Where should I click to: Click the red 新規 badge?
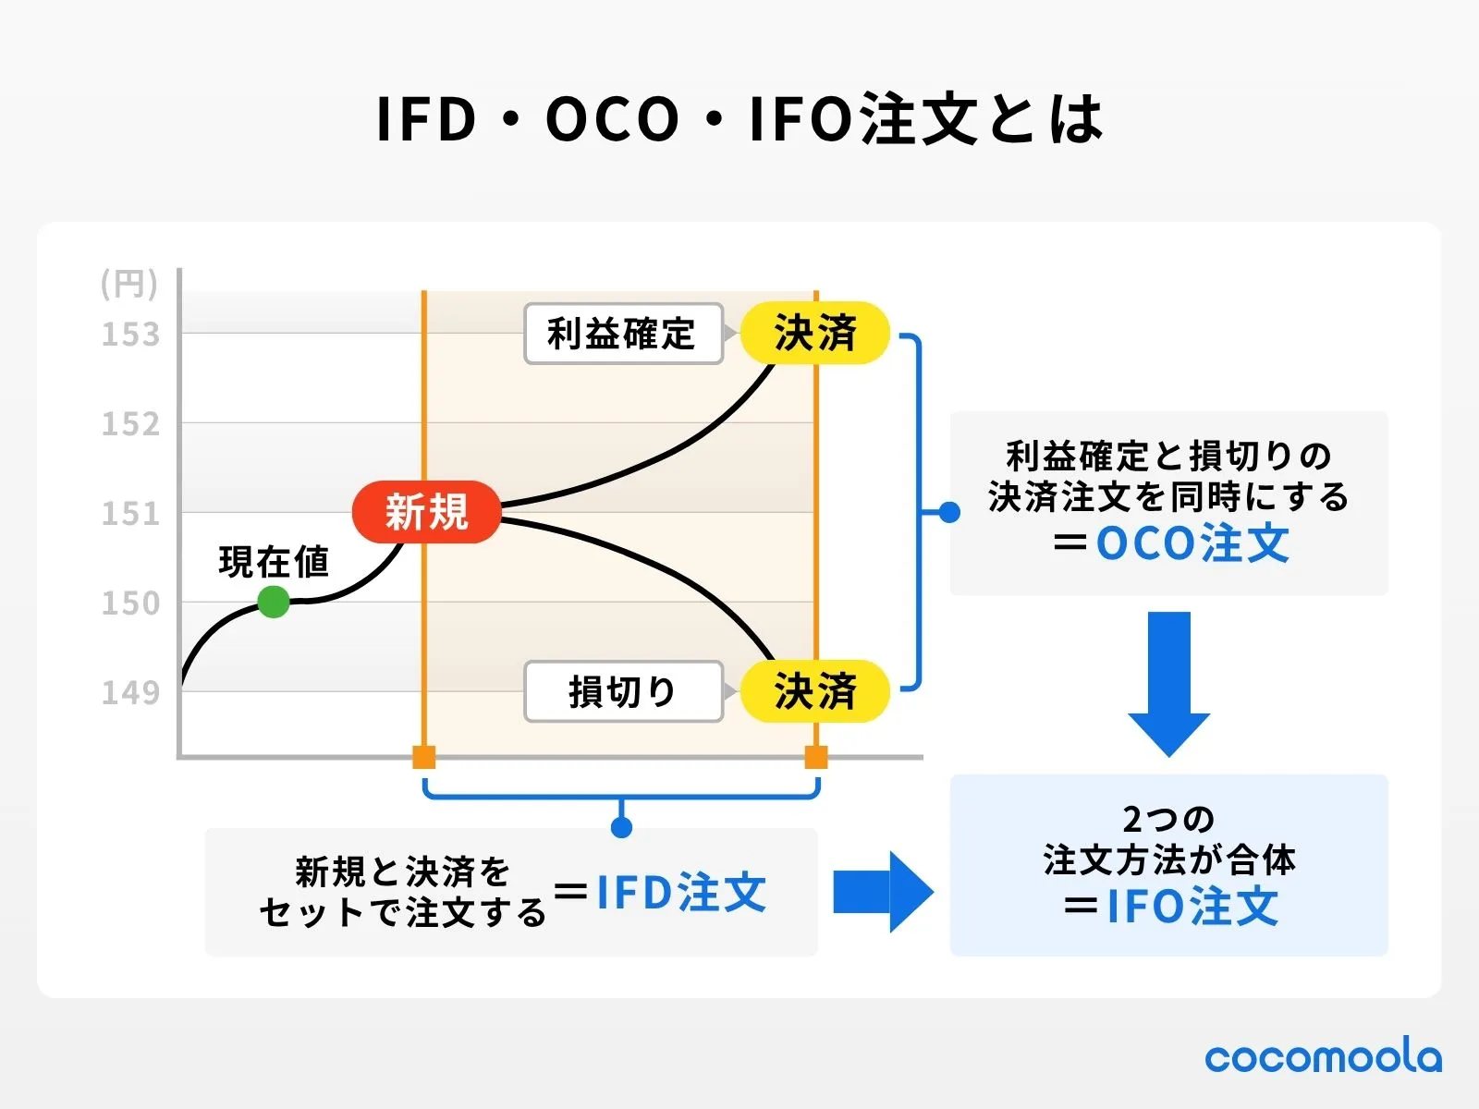426,512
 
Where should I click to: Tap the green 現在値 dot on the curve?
273,602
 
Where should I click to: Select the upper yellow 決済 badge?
815,333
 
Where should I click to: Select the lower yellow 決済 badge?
815,690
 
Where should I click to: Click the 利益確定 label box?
622,334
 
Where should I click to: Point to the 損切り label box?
622,691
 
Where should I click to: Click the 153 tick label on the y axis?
130,335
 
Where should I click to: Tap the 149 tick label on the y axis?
130,692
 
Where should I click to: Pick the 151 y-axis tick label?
130,514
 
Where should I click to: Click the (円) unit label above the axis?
129,284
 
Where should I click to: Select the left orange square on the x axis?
423,758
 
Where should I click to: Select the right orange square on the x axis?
816,758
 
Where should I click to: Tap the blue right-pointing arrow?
883,892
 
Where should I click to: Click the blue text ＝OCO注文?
1171,543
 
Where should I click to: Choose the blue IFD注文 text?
681,893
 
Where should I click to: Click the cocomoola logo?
1323,1057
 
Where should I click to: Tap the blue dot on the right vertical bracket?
949,512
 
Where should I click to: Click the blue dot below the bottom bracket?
622,827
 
